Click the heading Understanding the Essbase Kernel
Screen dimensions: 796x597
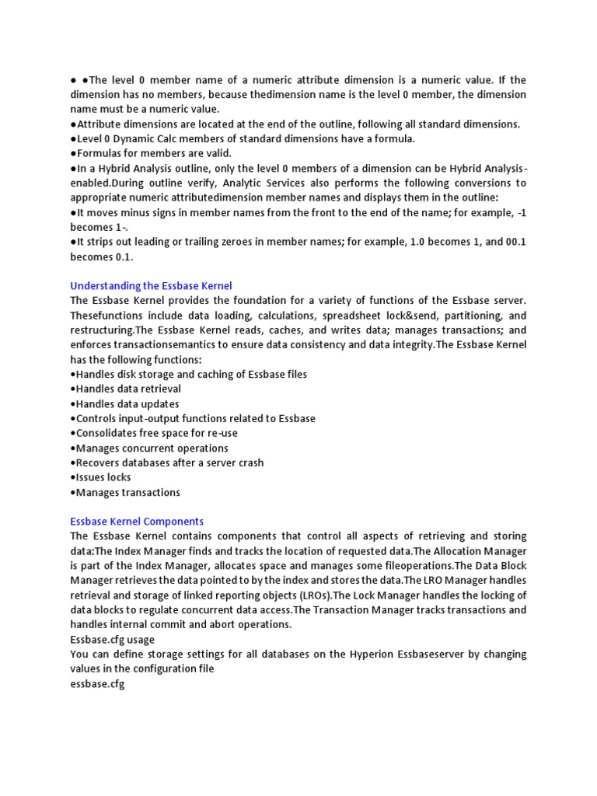coord(151,286)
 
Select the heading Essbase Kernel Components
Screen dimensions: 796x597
coord(137,522)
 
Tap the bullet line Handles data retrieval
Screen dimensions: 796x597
coord(125,389)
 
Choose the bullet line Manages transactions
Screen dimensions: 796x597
coord(125,492)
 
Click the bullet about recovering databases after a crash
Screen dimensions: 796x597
coord(166,463)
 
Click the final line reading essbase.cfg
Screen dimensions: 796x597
coord(97,684)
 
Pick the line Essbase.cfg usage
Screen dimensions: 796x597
coord(113,640)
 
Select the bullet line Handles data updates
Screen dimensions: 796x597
coord(124,403)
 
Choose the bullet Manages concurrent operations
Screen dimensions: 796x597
coord(149,448)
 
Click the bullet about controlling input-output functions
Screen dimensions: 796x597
coord(193,418)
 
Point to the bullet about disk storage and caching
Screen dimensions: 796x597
coord(188,374)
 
